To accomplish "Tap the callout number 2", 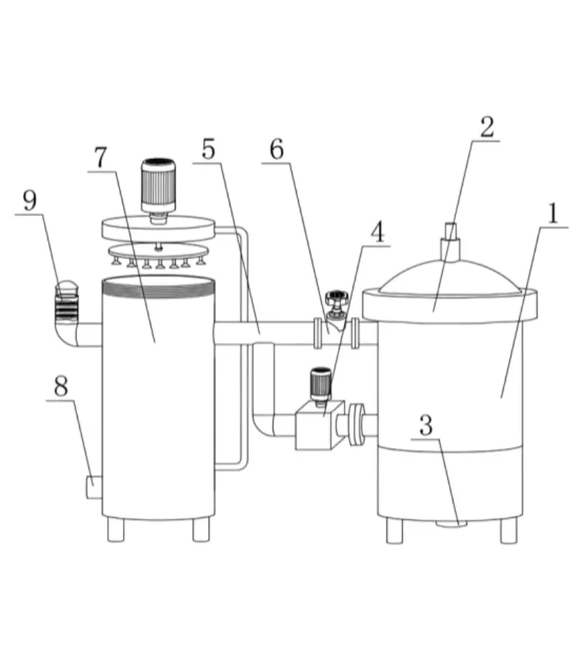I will tap(487, 127).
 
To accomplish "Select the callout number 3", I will tap(425, 426).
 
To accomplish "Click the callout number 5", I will tap(208, 150).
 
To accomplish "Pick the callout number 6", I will tap(276, 150).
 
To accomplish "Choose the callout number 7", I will tap(100, 158).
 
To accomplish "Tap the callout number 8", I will tap(61, 386).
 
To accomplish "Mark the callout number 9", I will tap(30, 201).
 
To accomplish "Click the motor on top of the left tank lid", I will tap(158, 185).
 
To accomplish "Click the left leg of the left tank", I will tap(115, 530).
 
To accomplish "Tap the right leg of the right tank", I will tap(509, 531).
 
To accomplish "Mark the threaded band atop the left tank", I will tap(158, 287).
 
